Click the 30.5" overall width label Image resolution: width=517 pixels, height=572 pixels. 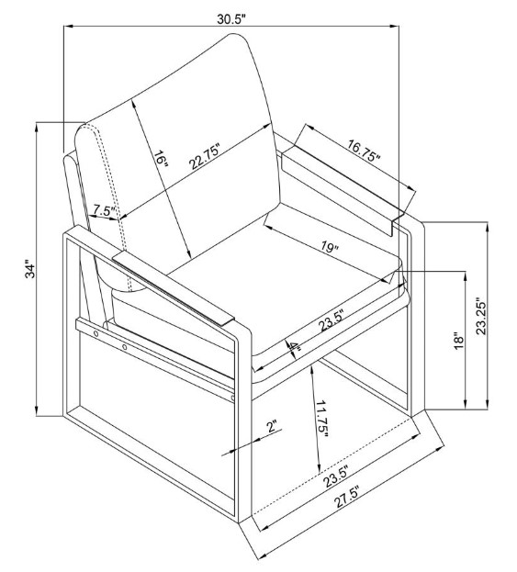pyautogui.click(x=231, y=18)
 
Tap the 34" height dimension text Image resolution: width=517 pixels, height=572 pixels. pyautogui.click(x=30, y=269)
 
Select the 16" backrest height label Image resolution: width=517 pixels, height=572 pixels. pyautogui.click(x=161, y=160)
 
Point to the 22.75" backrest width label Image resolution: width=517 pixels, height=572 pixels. pyautogui.click(x=205, y=157)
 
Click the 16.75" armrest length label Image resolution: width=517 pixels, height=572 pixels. pyautogui.click(x=364, y=151)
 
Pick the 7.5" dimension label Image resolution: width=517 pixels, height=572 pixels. pyautogui.click(x=104, y=210)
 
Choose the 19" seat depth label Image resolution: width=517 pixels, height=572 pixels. pyautogui.click(x=331, y=247)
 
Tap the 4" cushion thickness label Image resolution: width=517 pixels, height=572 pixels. pyautogui.click(x=294, y=349)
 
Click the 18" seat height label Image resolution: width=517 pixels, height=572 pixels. pyautogui.click(x=458, y=341)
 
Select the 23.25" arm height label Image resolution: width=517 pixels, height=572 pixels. pyautogui.click(x=482, y=318)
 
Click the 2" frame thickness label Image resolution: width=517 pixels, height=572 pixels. pyautogui.click(x=272, y=426)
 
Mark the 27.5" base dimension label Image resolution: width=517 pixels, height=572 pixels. pyautogui.click(x=347, y=496)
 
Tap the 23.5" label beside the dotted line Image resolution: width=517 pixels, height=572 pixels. pyautogui.click(x=336, y=477)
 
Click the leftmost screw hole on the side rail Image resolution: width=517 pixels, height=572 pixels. pyautogui.click(x=96, y=333)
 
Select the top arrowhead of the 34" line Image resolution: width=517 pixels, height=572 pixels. pyautogui.click(x=36, y=128)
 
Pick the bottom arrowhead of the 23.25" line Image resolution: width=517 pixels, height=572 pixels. pyautogui.click(x=488, y=405)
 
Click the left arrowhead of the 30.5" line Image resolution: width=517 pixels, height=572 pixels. pyautogui.click(x=68, y=26)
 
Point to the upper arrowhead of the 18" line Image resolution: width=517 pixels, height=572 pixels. pyautogui.click(x=465, y=275)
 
